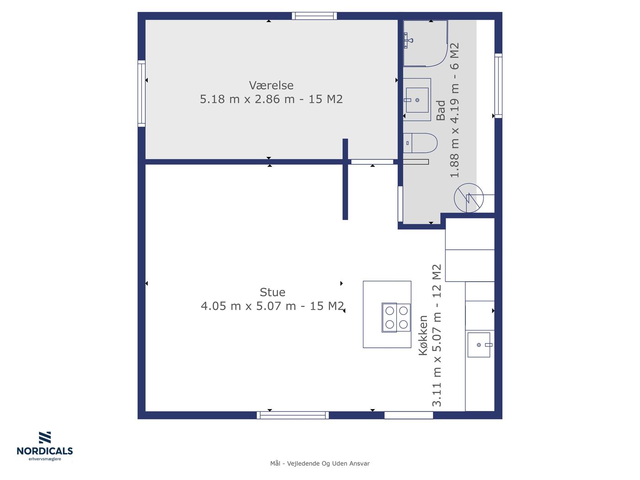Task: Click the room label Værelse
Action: point(271,85)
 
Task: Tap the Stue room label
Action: point(272,292)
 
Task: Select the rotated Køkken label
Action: point(423,336)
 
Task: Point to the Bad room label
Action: point(441,111)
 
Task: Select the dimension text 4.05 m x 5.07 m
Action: point(248,306)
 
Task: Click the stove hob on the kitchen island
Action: point(396,317)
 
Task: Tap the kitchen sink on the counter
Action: point(479,345)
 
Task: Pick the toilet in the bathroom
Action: point(420,143)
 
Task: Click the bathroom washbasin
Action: point(417,100)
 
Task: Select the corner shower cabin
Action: point(425,43)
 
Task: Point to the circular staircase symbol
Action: point(469,198)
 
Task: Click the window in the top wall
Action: point(315,16)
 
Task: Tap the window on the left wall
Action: point(141,93)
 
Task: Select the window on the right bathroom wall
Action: point(498,85)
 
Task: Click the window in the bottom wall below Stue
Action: point(293,415)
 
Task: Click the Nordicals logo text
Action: point(45,451)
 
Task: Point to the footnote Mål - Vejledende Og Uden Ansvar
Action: point(320,464)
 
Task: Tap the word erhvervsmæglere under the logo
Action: point(45,459)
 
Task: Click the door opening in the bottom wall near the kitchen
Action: point(409,415)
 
